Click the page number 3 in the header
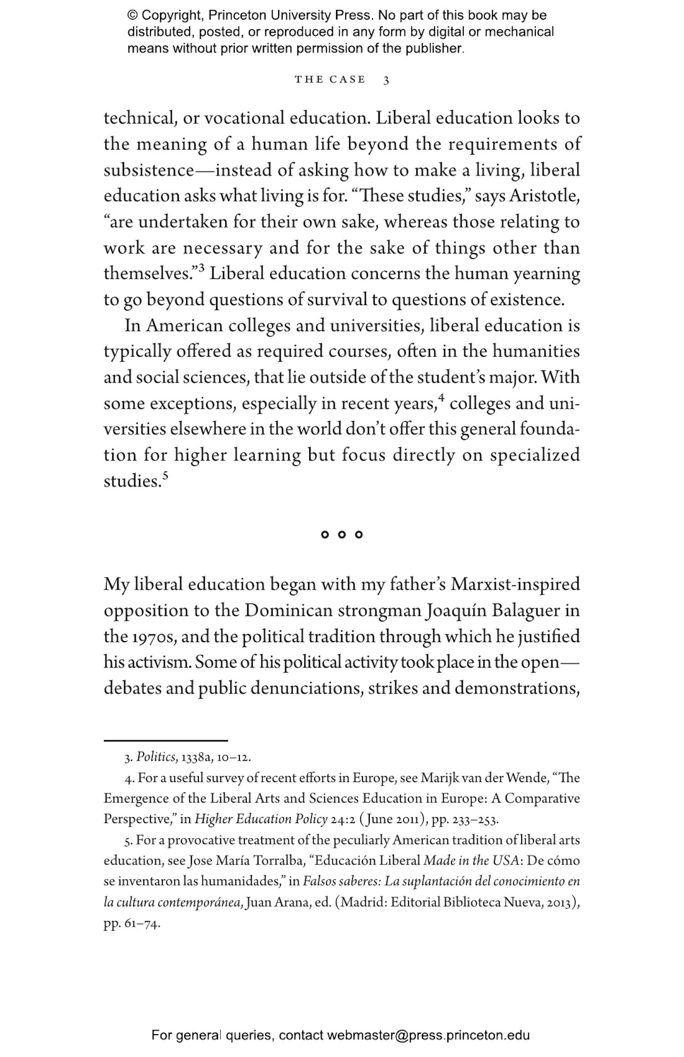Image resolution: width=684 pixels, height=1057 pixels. [x=386, y=80]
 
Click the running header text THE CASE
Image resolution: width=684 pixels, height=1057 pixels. [x=330, y=80]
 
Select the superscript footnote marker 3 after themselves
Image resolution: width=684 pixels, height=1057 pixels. [x=201, y=269]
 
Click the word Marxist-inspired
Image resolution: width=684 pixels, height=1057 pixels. [x=515, y=585]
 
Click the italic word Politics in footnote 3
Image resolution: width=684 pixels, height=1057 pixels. [x=156, y=757]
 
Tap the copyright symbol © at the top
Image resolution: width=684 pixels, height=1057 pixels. [x=132, y=16]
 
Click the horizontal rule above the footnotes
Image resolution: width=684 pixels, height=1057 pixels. [x=166, y=741]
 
